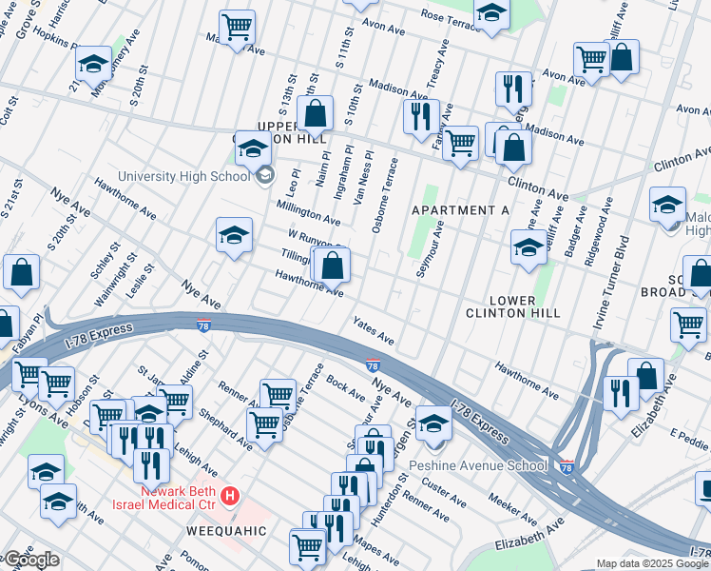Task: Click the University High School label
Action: (183, 176)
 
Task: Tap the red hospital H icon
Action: (229, 496)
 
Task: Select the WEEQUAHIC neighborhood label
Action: (229, 529)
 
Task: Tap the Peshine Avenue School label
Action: (477, 465)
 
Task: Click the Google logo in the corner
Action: (30, 560)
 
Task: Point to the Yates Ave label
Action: (374, 331)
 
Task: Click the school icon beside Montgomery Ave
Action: (93, 64)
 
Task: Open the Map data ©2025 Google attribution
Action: (651, 563)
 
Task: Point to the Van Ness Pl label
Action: (362, 175)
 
